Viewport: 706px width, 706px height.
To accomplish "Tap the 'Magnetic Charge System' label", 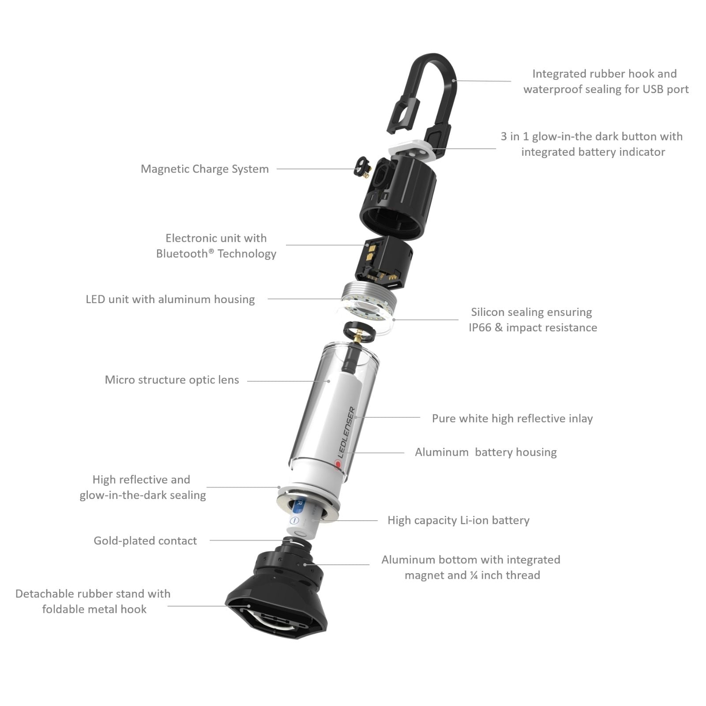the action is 205,169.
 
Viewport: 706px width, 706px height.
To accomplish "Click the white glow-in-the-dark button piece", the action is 410,150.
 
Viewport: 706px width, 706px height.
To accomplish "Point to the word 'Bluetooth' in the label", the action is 183,254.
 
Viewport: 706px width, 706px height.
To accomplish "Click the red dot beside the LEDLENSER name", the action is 338,464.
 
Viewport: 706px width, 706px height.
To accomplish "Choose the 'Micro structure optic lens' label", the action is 172,380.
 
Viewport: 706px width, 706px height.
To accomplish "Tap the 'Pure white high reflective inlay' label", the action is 512,419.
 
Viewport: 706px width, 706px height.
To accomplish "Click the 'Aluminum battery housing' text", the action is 486,452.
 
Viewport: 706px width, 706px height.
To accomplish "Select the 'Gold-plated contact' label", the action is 145,541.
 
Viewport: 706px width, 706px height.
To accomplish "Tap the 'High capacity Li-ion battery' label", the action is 458,521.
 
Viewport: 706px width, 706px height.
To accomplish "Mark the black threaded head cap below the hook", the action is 399,194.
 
